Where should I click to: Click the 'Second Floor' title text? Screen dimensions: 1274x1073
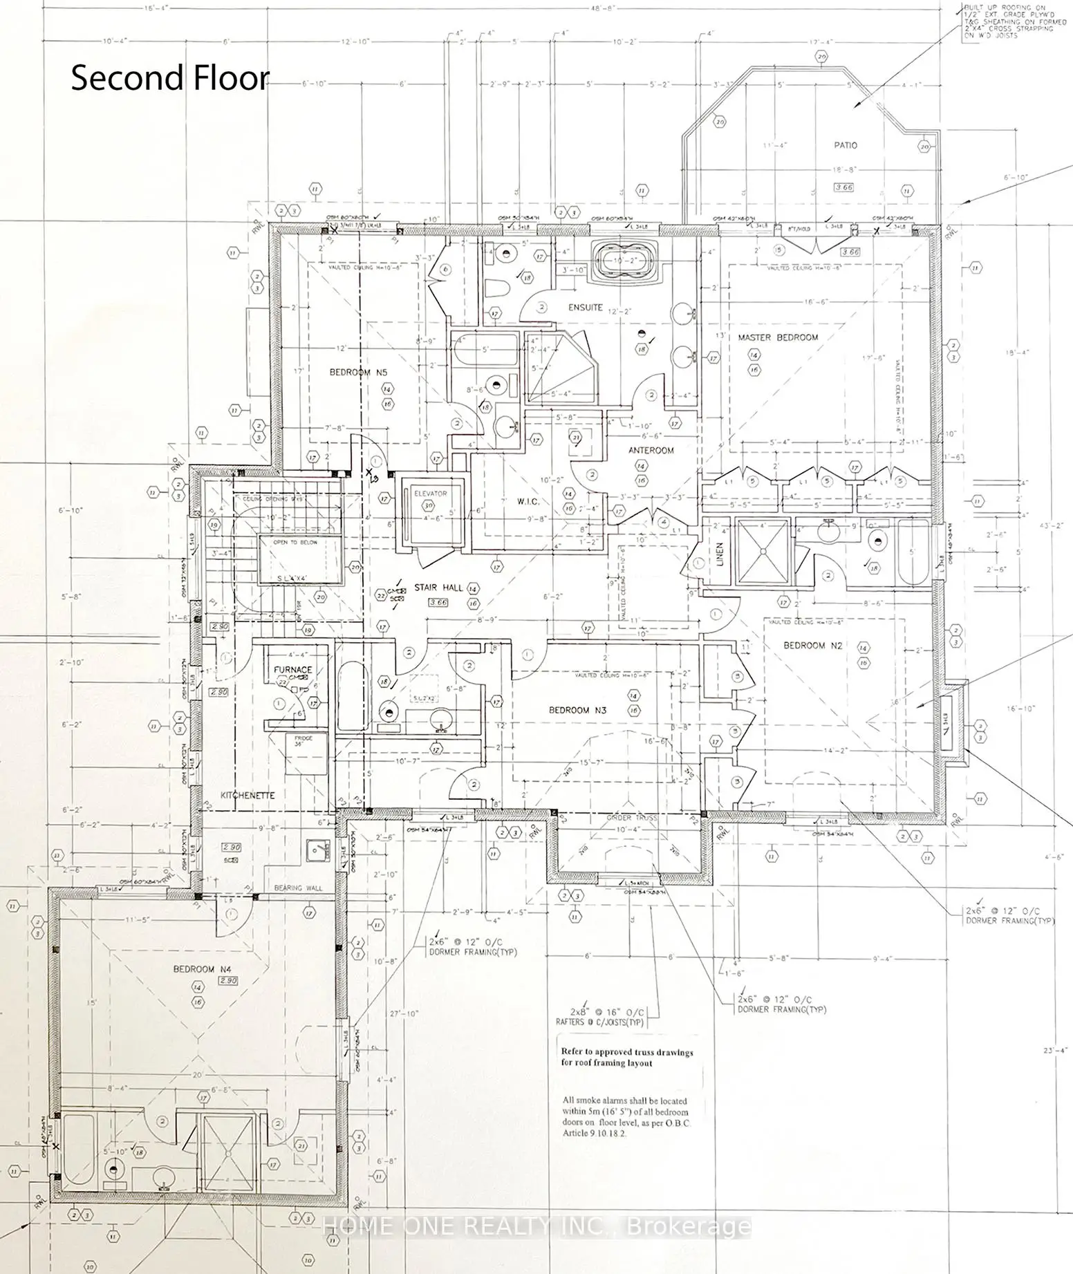point(169,78)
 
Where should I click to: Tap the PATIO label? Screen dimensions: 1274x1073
point(845,145)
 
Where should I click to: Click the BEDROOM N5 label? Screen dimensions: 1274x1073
point(358,372)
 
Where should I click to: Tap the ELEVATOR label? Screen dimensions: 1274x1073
point(431,494)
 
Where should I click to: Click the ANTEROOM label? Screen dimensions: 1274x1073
point(651,450)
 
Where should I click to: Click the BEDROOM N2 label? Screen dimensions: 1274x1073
point(804,645)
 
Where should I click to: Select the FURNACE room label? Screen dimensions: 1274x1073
point(292,669)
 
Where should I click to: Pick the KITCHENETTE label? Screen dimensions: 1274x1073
point(248,795)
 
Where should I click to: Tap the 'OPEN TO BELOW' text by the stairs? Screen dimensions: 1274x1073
point(295,543)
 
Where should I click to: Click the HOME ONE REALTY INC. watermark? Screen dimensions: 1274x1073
point(536,1227)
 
